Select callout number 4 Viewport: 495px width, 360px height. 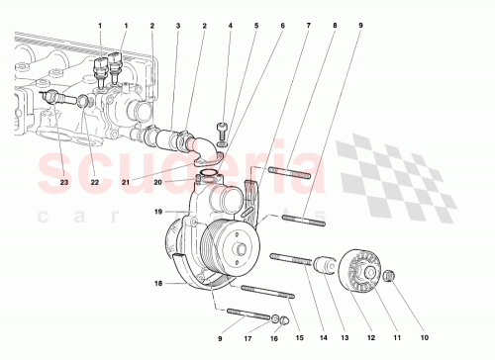pos(230,25)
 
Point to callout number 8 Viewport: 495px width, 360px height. pos(334,25)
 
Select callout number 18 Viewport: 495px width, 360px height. pos(156,283)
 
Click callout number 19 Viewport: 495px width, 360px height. pos(156,211)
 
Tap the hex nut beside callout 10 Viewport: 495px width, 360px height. pos(388,275)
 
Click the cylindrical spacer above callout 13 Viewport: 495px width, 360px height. pos(323,265)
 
